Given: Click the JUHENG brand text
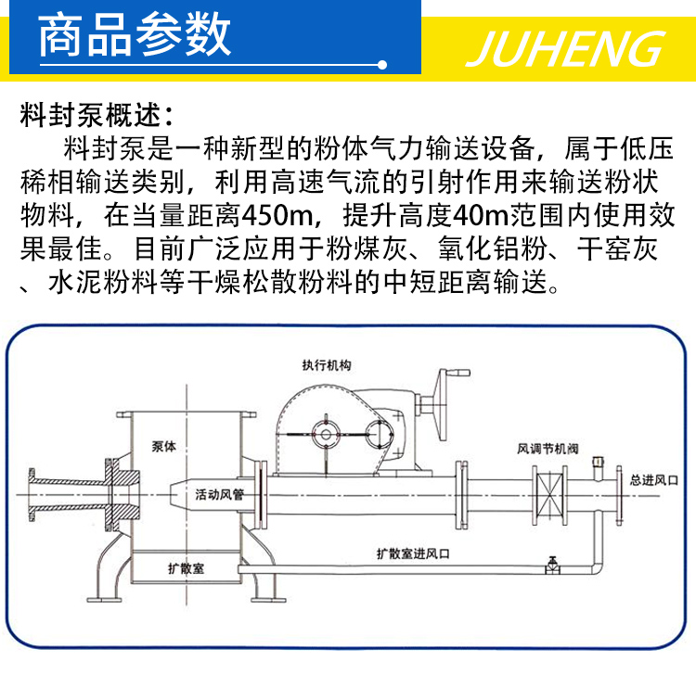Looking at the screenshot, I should [x=565, y=46].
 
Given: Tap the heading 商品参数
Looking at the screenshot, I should [x=135, y=34].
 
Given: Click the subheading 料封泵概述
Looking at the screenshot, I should [x=97, y=118].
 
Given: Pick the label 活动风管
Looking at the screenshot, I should [x=219, y=495].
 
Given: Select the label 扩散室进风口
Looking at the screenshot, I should [x=413, y=553].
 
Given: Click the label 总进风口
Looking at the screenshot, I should [x=654, y=481].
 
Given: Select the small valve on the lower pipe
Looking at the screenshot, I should [x=554, y=563].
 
